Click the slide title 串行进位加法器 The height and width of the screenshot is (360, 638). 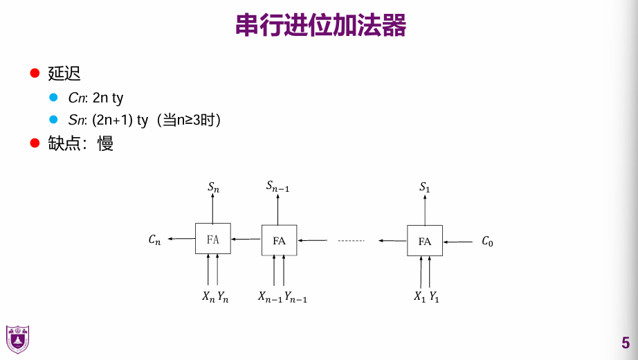pyautogui.click(x=320, y=26)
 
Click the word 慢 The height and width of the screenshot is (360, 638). pyautogui.click(x=105, y=144)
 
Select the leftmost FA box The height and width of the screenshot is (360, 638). pyautogui.click(x=212, y=240)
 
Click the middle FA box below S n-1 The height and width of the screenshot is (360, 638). pyautogui.click(x=279, y=240)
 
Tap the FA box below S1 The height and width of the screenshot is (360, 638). pyautogui.click(x=425, y=241)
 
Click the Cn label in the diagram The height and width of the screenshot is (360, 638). pyautogui.click(x=154, y=240)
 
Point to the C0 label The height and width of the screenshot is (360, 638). pyautogui.click(x=487, y=242)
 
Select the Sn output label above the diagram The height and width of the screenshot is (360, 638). pyautogui.click(x=213, y=187)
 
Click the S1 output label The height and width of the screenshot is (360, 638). pyautogui.click(x=425, y=187)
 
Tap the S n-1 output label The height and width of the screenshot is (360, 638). pyautogui.click(x=278, y=186)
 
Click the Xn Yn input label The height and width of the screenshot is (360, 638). pyautogui.click(x=215, y=297)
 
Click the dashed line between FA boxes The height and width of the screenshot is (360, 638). pyautogui.click(x=351, y=241)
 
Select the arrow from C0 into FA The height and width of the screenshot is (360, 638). pyautogui.click(x=457, y=242)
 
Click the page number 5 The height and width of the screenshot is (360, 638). pyautogui.click(x=626, y=343)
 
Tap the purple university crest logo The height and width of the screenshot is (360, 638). pyautogui.click(x=17, y=339)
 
